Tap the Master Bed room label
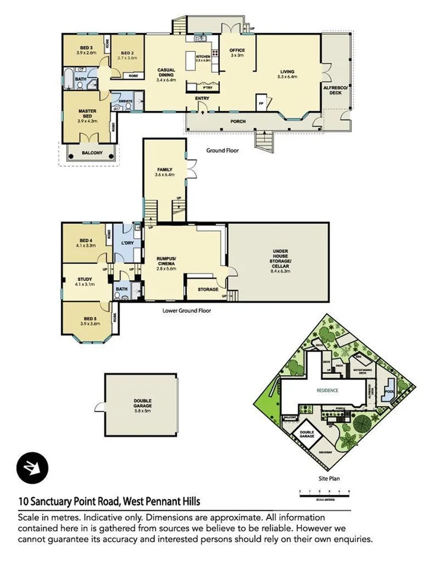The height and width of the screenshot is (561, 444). [x=86, y=115]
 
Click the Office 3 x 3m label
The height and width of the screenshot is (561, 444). [x=237, y=53]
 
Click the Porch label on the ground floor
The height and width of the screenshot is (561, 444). [x=238, y=121]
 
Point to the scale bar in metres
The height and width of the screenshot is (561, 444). [x=325, y=492]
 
